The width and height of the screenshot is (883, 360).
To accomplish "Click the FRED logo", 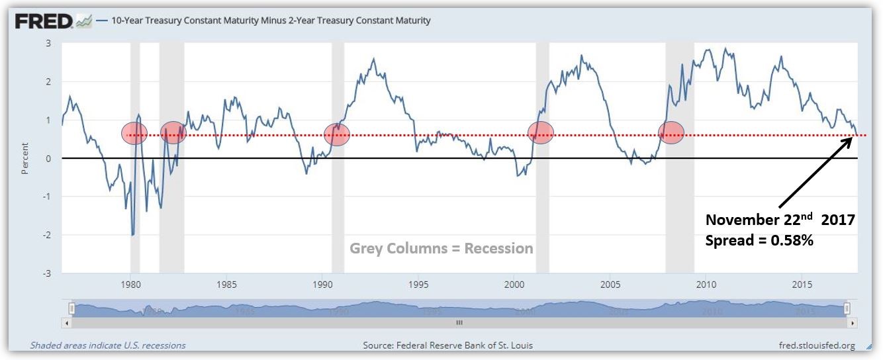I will tap(44, 21).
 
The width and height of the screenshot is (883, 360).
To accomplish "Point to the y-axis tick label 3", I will tap(48, 43).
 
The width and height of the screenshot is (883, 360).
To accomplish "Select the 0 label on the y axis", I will tap(48, 158).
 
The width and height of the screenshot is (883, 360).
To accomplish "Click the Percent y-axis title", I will tap(25, 158).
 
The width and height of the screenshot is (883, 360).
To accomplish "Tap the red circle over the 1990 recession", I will tap(337, 134).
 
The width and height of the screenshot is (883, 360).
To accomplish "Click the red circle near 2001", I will tap(541, 132).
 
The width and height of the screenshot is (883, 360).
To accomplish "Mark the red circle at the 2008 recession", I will tap(671, 132).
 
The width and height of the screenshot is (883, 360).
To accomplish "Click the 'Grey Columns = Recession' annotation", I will tap(441, 249).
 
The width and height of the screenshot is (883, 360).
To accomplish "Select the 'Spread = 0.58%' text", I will tap(759, 241).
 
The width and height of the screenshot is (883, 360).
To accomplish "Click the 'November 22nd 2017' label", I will tap(780, 220).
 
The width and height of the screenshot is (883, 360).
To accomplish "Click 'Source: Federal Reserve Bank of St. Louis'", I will tap(447, 345).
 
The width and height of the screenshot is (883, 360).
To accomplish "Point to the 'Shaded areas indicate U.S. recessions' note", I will tap(108, 345).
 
